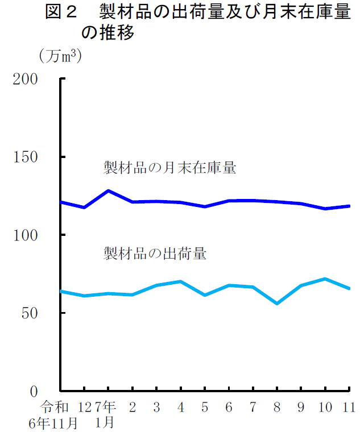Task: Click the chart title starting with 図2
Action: (197, 22)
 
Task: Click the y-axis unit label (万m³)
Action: (59, 56)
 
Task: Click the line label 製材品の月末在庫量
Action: (169, 168)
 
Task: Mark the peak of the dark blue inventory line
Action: (108, 190)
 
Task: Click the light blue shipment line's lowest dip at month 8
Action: (277, 304)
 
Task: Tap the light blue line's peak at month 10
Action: (325, 279)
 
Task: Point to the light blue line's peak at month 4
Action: (180, 281)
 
